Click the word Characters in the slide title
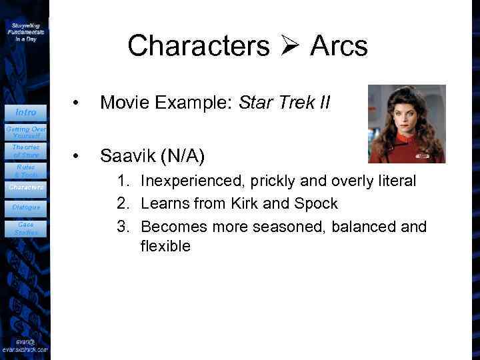pos(198,46)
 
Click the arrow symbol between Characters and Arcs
pos(289,47)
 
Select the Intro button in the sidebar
pos(25,112)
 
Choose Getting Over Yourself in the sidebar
pos(25,131)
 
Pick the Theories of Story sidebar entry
pos(25,151)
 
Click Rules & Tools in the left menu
pos(25,171)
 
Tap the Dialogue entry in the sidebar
pos(25,207)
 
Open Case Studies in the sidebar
pos(25,228)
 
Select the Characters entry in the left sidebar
pos(25,188)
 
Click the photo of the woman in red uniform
pos(406,123)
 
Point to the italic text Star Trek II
pos(291,103)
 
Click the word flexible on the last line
pos(165,246)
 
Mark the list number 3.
pos(123,226)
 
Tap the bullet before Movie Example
pos(78,104)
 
